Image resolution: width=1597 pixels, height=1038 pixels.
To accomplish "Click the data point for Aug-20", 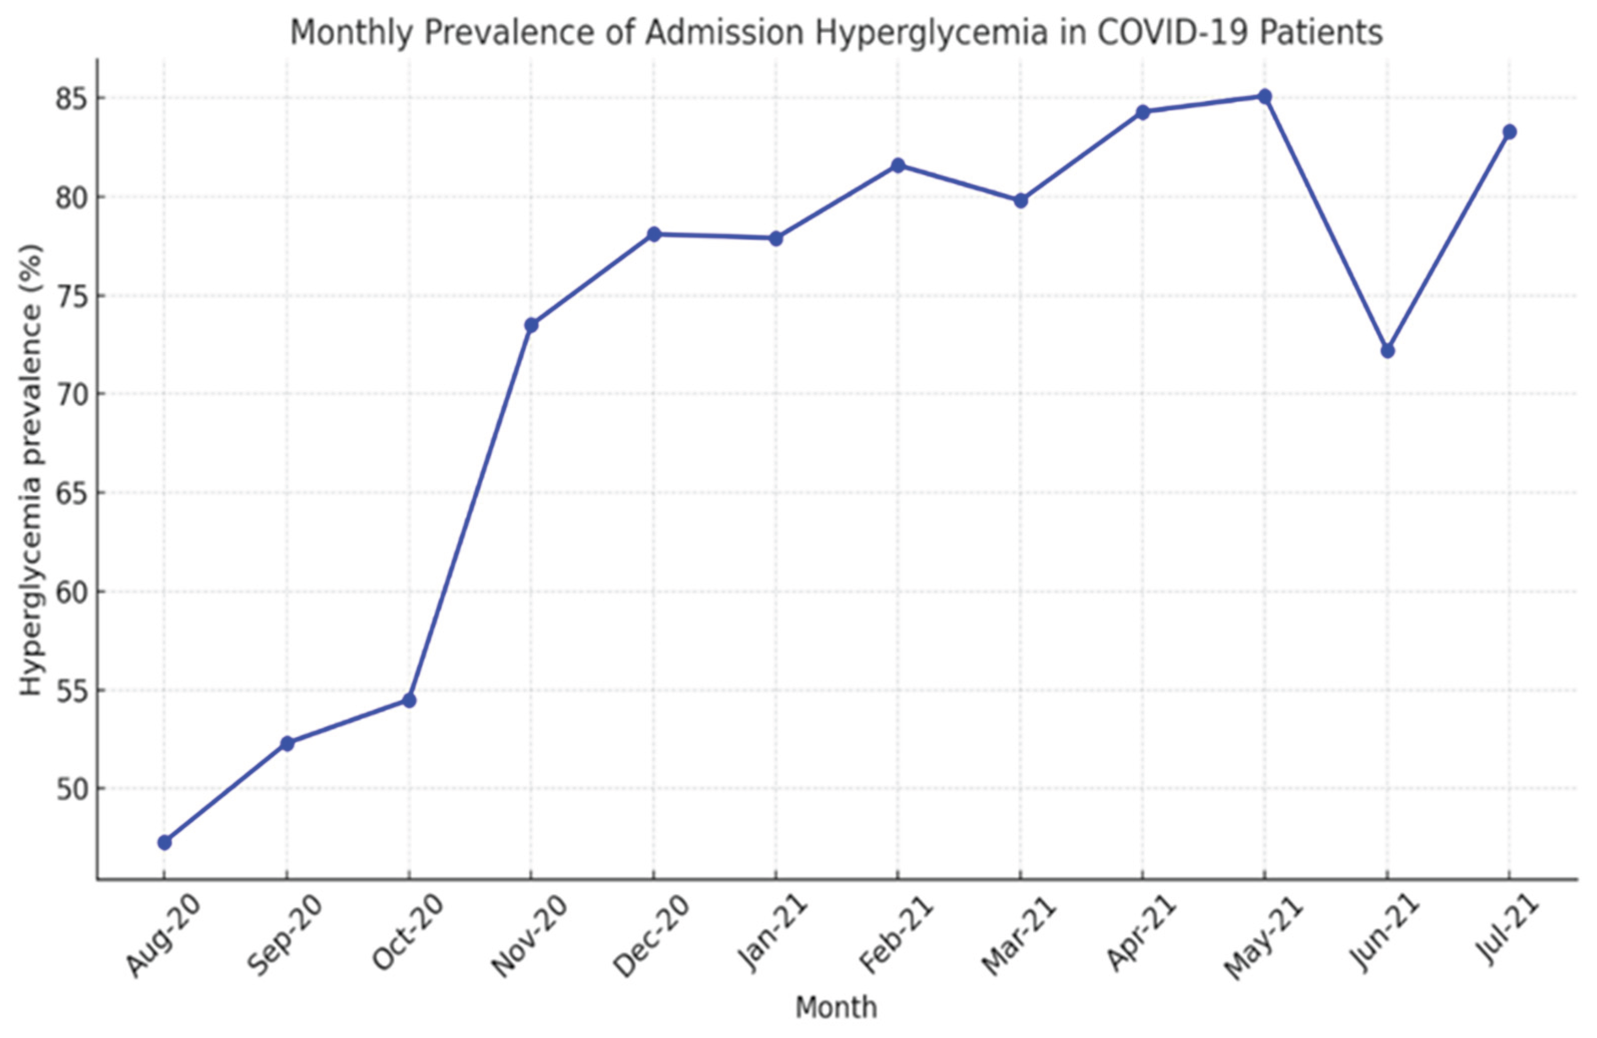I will [164, 842].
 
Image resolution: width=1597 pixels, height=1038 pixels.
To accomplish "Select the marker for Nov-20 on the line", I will [531, 325].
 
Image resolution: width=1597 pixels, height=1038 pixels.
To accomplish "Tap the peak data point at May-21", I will [1264, 97].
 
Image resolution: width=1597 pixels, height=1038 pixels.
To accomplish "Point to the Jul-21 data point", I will [1509, 132].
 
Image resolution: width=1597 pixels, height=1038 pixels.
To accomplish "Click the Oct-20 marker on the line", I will [409, 701].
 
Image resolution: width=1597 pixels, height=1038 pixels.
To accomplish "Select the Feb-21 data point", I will [898, 166].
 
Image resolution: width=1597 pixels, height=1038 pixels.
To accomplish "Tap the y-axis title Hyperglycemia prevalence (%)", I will [30, 470].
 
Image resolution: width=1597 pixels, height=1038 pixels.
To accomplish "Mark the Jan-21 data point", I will [775, 238].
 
